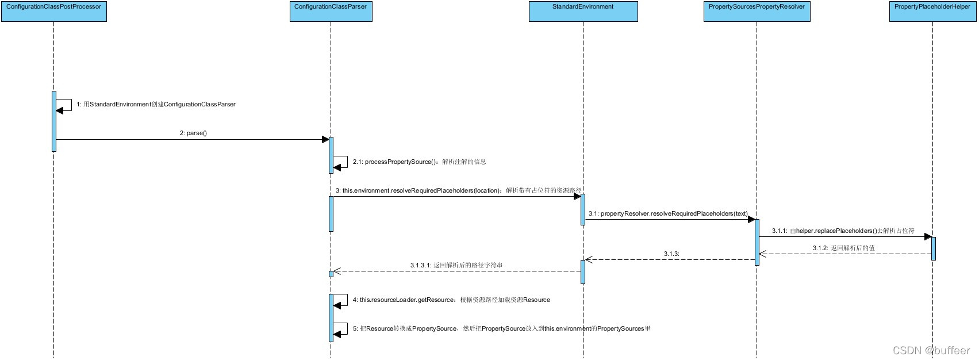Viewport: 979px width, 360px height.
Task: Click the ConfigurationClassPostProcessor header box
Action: [54, 12]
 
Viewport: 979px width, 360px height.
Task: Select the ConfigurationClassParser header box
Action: [331, 12]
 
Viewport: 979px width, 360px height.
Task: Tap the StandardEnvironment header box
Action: [583, 12]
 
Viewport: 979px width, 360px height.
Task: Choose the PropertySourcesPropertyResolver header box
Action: [757, 12]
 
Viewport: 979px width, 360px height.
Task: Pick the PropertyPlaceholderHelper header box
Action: [932, 12]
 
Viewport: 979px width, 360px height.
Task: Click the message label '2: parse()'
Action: [193, 133]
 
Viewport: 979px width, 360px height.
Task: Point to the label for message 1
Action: [156, 105]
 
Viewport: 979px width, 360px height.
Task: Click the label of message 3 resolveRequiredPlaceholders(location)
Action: [458, 191]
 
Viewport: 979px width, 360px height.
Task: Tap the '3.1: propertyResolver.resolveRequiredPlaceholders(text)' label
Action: [668, 214]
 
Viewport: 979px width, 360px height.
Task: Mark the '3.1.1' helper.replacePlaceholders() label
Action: [843, 231]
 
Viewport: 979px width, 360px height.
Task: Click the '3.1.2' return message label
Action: [843, 248]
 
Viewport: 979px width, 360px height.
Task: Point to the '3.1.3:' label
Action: [671, 254]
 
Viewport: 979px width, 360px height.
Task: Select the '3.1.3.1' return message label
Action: [456, 266]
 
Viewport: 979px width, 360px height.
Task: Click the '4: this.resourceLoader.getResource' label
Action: [451, 300]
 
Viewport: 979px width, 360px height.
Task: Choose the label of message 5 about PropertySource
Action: [501, 329]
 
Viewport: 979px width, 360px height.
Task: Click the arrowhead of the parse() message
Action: [325, 139]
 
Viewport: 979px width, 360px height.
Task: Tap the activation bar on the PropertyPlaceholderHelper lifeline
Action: [933, 248]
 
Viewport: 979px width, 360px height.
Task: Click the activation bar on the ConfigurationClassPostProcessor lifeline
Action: [54, 121]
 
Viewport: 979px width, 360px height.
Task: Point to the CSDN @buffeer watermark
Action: [931, 350]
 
